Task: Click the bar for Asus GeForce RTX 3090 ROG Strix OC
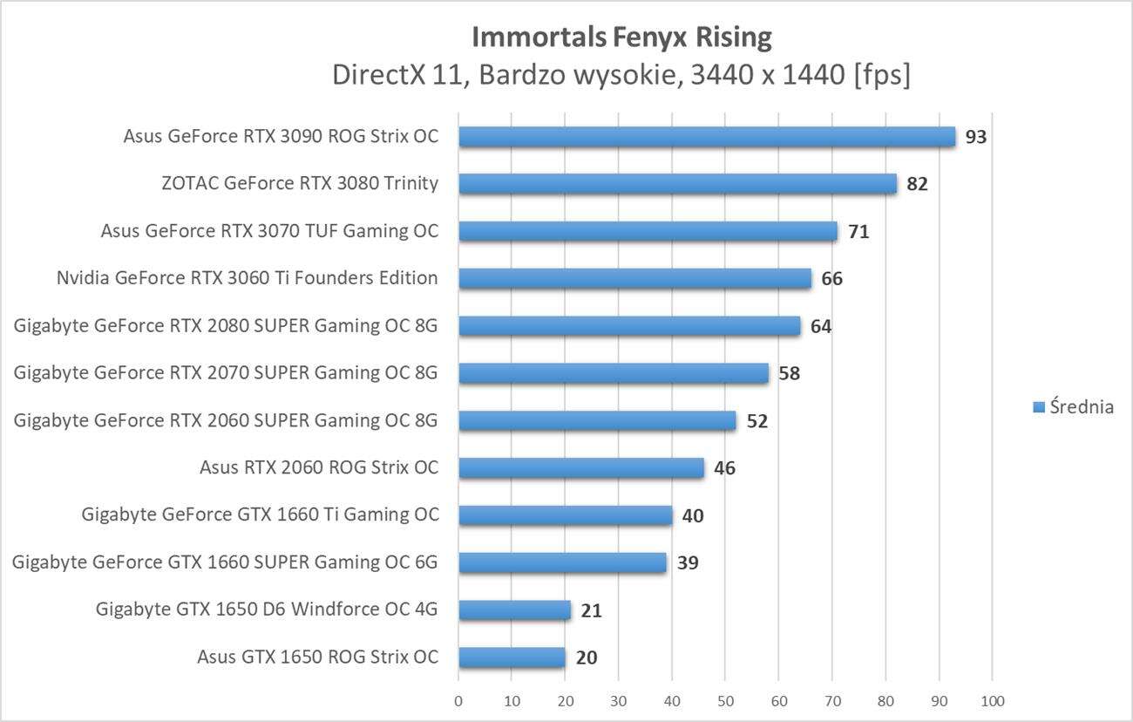pos(706,137)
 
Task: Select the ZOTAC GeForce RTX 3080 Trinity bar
pos(677,184)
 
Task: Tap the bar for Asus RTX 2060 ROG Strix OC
pos(580,468)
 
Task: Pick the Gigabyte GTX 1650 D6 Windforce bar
pos(514,610)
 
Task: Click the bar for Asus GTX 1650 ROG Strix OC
pos(512,657)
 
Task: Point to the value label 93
pos(975,138)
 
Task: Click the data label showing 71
pos(858,232)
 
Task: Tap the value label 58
pos(790,374)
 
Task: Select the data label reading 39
pos(688,563)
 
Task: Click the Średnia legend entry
pos(1074,406)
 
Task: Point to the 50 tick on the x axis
pos(725,701)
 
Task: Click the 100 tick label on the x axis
pos(992,701)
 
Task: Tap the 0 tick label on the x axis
pos(458,701)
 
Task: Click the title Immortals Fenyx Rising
pos(621,37)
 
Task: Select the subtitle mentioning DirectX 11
pos(621,75)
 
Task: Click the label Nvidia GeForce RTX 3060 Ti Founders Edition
pos(247,278)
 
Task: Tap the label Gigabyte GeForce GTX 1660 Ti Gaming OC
pos(260,514)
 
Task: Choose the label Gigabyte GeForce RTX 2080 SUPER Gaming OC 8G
pos(226,326)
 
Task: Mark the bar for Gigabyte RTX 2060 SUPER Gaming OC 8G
pos(597,421)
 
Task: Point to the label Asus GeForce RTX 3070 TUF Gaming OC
pos(269,231)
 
